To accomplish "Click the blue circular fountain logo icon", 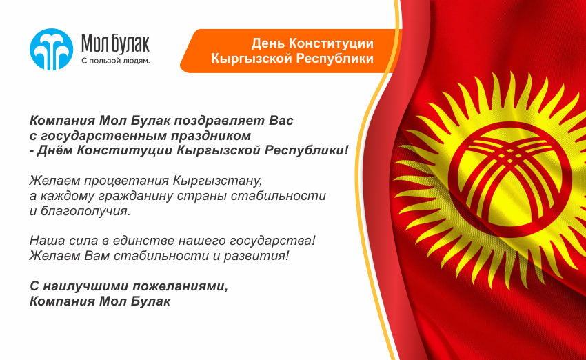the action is point(52,50).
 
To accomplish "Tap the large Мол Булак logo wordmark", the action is point(116,43).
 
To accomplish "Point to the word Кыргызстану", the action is point(218,181).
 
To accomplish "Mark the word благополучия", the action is point(85,211).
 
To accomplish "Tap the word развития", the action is point(256,256).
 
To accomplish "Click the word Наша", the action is point(48,241).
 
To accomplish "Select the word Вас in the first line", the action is point(281,121).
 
